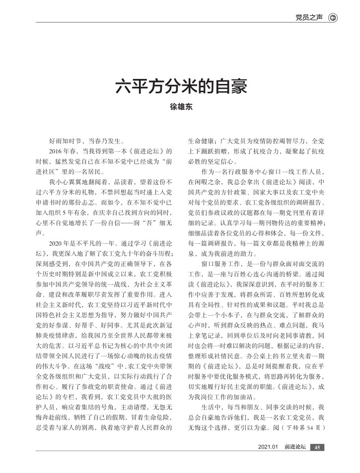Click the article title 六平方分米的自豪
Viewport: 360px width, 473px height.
click(x=180, y=86)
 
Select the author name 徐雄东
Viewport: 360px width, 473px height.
click(x=180, y=106)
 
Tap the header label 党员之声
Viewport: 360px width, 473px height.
click(x=308, y=18)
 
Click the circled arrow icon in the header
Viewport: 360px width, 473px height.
click(x=333, y=18)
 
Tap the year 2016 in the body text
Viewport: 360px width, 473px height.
click(x=56, y=150)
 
